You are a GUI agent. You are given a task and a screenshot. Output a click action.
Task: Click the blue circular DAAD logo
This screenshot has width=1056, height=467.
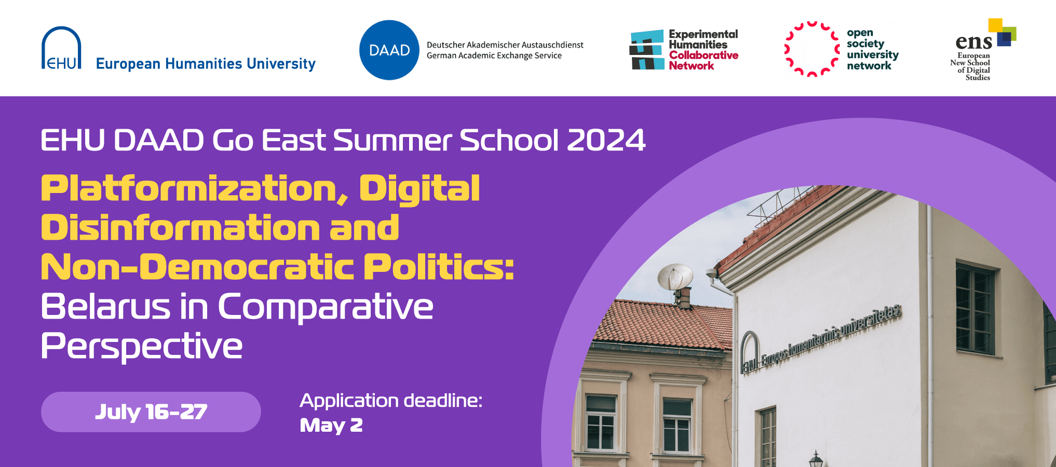[x=389, y=50]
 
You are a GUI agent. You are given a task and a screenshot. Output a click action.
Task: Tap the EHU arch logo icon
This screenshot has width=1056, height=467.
[x=61, y=48]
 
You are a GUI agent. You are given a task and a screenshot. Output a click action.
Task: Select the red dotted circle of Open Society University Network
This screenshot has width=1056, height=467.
[x=812, y=49]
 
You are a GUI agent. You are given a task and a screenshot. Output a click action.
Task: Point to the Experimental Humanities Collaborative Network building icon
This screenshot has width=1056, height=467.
[x=647, y=50]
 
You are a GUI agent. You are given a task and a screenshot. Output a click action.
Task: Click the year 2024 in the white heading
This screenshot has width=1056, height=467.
[x=606, y=140]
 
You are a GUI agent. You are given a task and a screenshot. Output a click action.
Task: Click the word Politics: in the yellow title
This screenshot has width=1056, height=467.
[x=439, y=267]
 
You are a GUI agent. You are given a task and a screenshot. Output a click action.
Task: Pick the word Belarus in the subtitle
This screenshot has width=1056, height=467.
[x=106, y=306]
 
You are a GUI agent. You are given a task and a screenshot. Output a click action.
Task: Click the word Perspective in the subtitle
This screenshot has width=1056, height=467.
[x=142, y=347]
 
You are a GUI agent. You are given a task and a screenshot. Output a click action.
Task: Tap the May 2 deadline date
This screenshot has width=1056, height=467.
[x=331, y=425]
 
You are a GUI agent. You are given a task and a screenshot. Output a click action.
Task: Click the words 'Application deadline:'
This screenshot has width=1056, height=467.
[x=391, y=401]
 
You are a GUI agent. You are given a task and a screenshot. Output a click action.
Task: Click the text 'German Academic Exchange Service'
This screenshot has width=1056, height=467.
[x=494, y=56]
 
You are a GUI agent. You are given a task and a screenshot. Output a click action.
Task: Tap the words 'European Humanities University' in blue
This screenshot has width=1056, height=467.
[x=206, y=64]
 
